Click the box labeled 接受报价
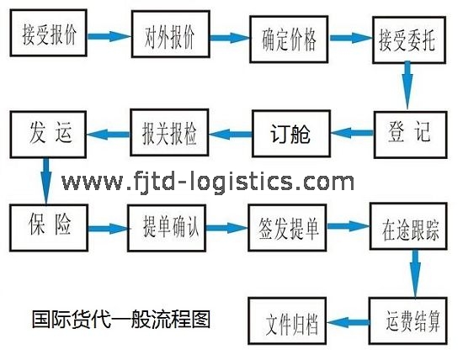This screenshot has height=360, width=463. [49, 33]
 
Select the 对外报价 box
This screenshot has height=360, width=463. [171, 34]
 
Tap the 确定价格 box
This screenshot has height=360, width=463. [289, 40]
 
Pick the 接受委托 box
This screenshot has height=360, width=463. [409, 40]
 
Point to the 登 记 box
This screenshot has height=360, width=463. [411, 135]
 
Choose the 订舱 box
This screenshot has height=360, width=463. [291, 134]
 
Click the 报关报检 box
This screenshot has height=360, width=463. [169, 133]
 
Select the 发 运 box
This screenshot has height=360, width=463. [48, 135]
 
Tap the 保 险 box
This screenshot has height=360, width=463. [49, 228]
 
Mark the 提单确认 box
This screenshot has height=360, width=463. [167, 229]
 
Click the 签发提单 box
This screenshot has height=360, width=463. [287, 228]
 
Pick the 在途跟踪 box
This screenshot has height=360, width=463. [408, 226]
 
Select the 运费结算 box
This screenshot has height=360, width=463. [408, 321]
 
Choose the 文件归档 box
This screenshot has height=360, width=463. [287, 321]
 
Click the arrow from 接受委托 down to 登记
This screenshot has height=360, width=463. [407, 85]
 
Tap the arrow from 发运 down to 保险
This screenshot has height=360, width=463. [45, 181]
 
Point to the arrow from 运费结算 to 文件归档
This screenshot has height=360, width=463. [349, 322]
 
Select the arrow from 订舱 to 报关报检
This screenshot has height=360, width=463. [231, 134]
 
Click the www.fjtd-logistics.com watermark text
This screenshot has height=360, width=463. [208, 181]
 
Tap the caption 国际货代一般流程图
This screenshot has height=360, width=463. [121, 320]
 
